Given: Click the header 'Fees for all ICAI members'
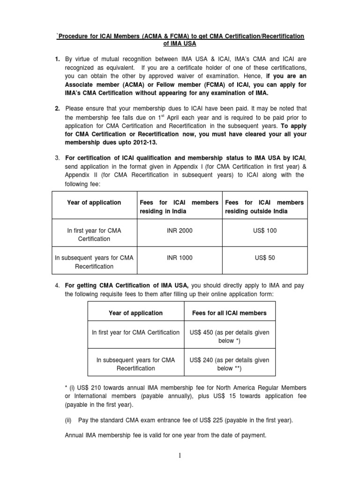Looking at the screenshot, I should click(x=229, y=313).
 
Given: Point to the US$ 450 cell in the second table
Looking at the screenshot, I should click(x=229, y=336).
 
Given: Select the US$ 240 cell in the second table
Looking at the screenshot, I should click(x=229, y=364).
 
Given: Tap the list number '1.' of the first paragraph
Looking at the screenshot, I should click(x=57, y=60).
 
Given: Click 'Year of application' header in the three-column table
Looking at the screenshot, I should click(x=94, y=202).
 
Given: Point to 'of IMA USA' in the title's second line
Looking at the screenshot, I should click(x=180, y=45).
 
